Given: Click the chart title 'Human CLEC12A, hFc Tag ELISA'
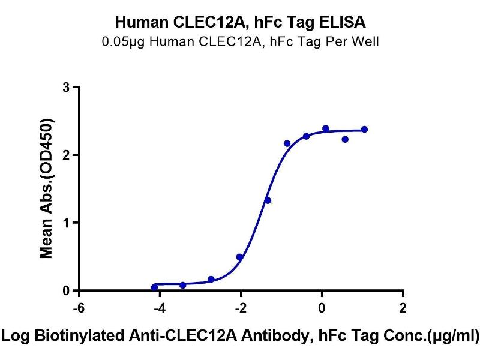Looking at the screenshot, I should point(240,23).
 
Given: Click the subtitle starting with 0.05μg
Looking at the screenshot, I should point(240,42).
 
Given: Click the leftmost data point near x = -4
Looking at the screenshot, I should point(154,287).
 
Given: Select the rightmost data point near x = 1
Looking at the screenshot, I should point(364,130).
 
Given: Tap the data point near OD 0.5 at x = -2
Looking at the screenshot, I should point(239,257).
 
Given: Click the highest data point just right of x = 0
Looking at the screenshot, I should point(325,128).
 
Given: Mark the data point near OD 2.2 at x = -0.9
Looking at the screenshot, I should point(287,143).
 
